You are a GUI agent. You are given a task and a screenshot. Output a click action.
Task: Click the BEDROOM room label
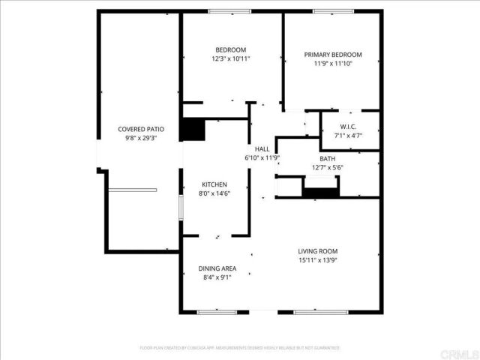(x=230, y=49)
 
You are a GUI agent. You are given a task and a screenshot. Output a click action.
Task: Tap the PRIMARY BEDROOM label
(x=332, y=55)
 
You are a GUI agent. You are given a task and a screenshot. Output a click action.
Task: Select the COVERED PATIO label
(x=140, y=129)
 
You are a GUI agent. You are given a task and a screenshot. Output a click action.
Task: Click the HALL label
(x=262, y=148)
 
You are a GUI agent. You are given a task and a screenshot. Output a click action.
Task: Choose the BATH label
(x=328, y=158)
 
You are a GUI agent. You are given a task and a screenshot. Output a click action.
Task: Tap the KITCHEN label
(x=214, y=184)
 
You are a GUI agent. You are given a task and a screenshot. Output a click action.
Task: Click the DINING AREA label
(x=217, y=268)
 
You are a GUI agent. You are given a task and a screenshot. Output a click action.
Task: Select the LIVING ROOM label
(x=318, y=251)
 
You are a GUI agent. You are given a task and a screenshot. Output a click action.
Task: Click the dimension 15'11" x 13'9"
(x=318, y=260)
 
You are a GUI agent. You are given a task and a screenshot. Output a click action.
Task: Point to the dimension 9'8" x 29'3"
(x=140, y=138)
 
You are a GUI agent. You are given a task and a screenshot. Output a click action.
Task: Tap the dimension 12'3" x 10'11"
(x=230, y=58)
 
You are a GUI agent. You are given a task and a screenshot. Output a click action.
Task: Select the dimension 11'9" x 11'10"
(x=332, y=64)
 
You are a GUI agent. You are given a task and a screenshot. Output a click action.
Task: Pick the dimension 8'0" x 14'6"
(x=214, y=193)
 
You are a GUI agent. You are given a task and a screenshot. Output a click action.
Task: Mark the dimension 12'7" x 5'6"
(x=328, y=167)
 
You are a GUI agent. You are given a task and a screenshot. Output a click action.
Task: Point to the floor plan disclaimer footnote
(x=240, y=348)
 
